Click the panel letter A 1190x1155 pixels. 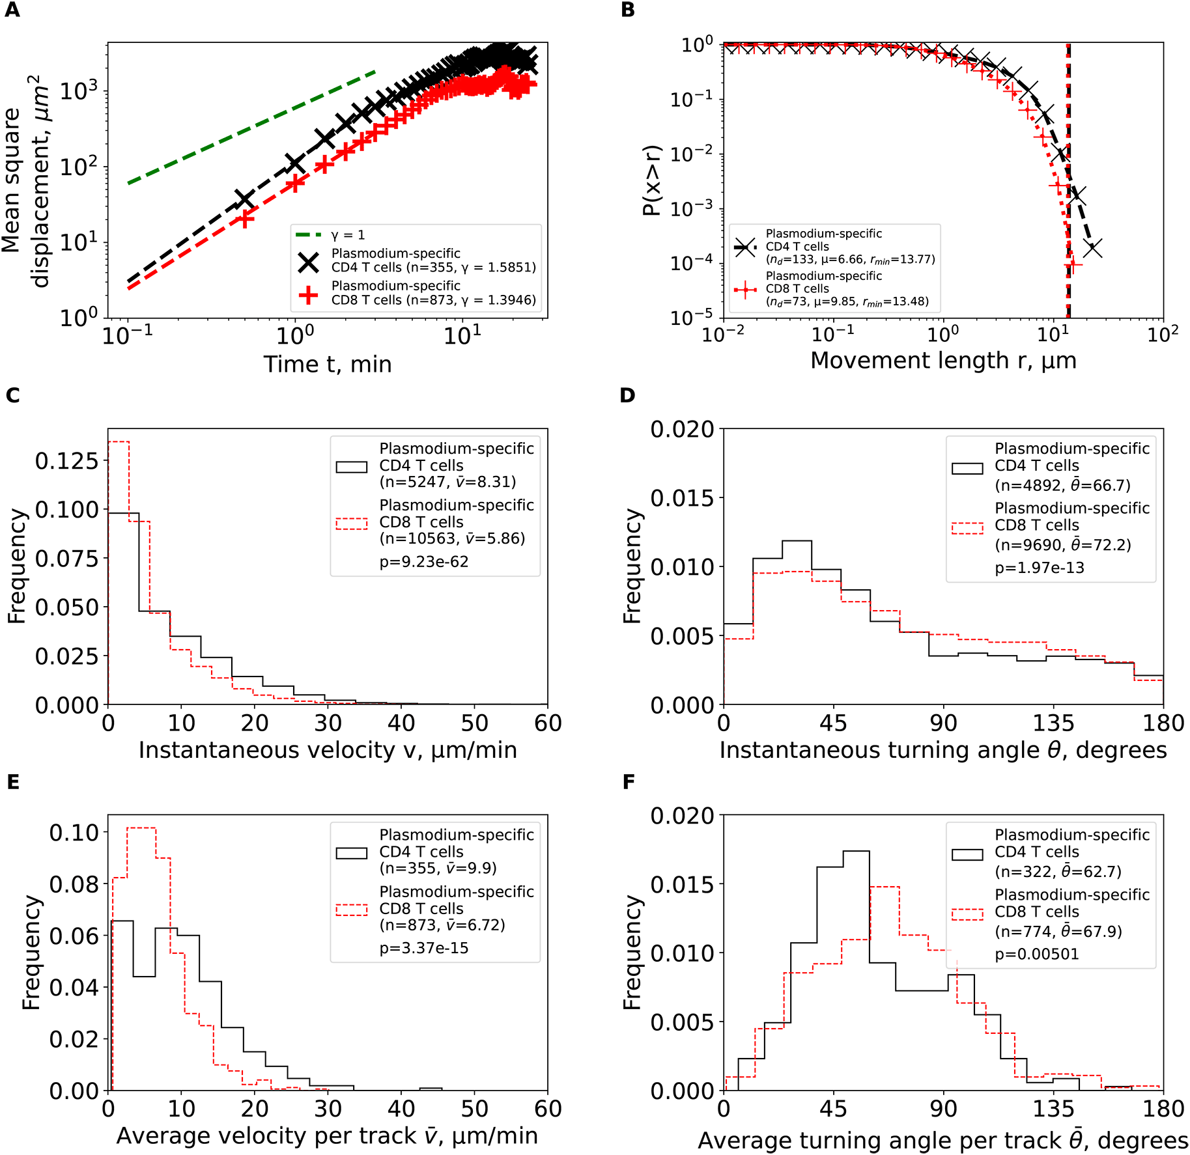coord(12,10)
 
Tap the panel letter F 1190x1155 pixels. coord(629,782)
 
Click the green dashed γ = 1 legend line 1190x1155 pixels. coord(308,235)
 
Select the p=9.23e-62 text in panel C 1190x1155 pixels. coord(424,562)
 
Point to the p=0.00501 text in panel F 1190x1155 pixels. coord(1037,954)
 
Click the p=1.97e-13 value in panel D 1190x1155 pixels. coord(1040,568)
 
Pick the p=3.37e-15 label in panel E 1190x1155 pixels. coord(424,948)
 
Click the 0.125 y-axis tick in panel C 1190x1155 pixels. coord(66,461)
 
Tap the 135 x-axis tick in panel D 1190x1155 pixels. coord(1053,723)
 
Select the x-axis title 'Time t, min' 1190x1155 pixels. coord(328,365)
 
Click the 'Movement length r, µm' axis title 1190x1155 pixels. coord(943,361)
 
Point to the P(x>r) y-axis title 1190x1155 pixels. coord(652,180)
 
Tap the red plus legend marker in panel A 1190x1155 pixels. coord(308,295)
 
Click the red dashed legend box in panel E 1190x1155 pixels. coord(352,910)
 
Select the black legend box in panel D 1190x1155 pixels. coord(967,468)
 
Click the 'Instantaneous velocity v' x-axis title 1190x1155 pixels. coord(328,750)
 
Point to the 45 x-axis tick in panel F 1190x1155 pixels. coord(833,1109)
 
